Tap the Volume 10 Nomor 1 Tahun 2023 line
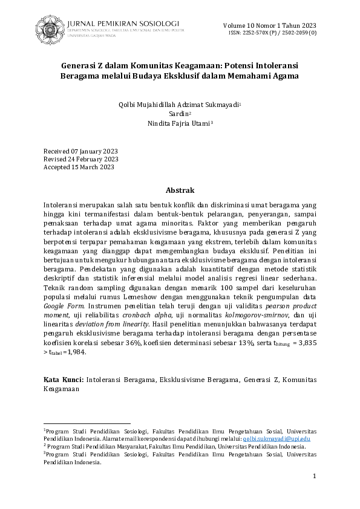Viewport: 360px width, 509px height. (270, 25)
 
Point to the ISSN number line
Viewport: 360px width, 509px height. (272, 32)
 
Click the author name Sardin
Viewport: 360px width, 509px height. (180, 114)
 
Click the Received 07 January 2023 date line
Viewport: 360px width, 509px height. (80, 151)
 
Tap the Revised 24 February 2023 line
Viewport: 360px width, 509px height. (81, 159)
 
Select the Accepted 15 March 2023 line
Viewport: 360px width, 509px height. (79, 167)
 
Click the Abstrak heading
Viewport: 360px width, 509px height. (180, 190)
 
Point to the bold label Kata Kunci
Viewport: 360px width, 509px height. (63, 379)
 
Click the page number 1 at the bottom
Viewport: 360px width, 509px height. (315, 477)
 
